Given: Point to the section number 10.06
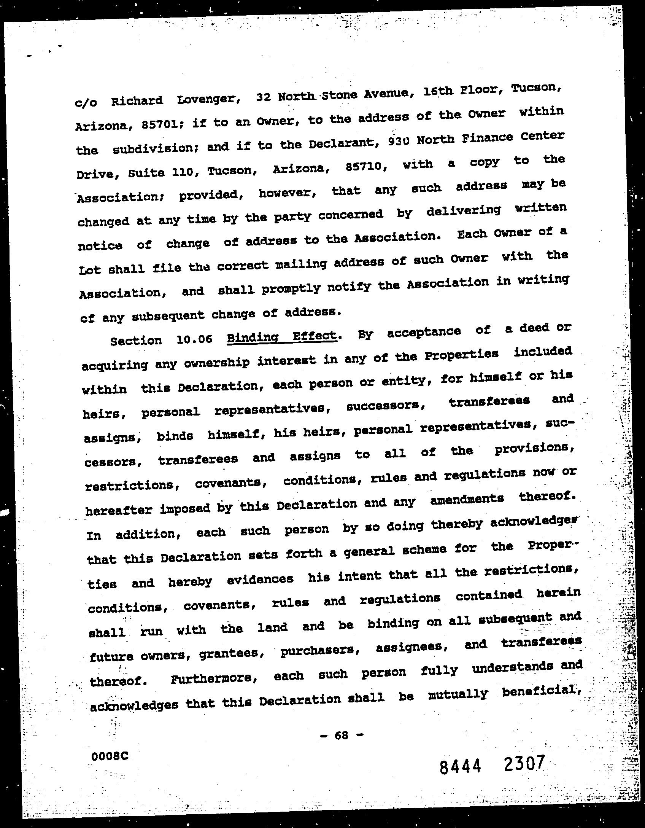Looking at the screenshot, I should (x=194, y=339).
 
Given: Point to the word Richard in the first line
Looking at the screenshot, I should (x=137, y=101).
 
